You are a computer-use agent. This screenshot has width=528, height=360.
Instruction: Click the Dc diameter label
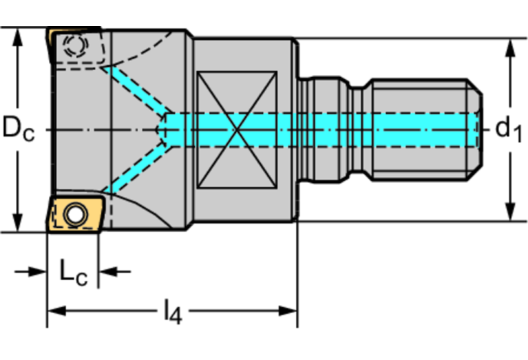click(18, 128)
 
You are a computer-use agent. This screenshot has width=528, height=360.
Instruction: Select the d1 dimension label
click(509, 129)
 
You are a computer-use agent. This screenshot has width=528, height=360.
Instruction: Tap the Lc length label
click(74, 273)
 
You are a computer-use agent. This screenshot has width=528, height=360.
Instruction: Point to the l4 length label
click(173, 312)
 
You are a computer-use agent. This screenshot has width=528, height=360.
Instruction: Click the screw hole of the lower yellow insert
click(75, 214)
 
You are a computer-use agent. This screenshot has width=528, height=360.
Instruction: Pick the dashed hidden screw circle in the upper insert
click(76, 45)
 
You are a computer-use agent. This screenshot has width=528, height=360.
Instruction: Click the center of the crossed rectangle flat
click(237, 129)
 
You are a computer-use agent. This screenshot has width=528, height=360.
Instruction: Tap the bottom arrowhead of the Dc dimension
click(17, 222)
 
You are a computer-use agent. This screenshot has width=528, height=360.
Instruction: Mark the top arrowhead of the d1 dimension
click(511, 48)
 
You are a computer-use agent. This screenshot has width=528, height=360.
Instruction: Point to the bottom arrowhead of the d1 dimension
click(511, 211)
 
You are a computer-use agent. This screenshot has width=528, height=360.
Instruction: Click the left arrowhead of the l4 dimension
click(56, 311)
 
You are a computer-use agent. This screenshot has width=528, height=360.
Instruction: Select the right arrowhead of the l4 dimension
click(288, 311)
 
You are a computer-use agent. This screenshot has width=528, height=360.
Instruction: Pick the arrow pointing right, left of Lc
click(30, 271)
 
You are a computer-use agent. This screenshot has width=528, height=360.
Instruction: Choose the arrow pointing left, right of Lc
click(115, 271)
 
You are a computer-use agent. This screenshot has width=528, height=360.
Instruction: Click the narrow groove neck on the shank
click(357, 130)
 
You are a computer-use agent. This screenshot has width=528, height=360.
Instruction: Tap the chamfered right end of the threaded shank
click(475, 130)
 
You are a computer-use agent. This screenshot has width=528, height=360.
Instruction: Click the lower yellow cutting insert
click(76, 214)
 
